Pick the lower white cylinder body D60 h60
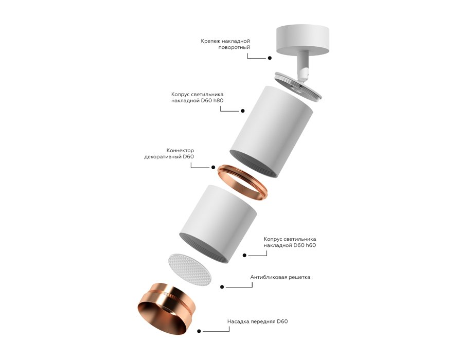(218, 222)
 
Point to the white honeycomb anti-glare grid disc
(190, 269)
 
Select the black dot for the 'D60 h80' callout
(242, 111)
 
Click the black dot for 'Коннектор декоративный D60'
(213, 167)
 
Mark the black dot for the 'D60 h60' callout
(244, 255)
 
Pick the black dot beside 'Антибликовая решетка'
(221, 286)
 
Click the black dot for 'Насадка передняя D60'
(199, 332)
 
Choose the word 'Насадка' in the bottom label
(239, 322)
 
